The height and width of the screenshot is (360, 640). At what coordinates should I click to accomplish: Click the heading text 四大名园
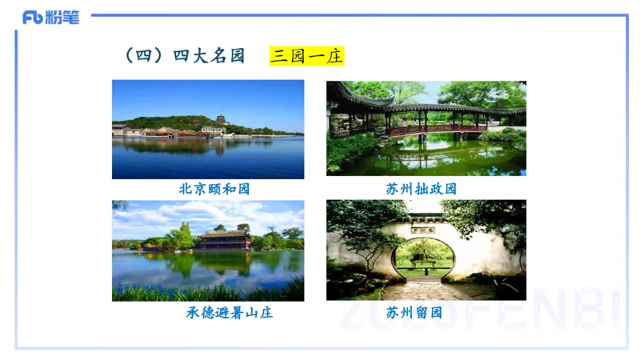(x=209, y=56)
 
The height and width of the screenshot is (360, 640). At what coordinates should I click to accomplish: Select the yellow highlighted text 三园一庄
(x=306, y=56)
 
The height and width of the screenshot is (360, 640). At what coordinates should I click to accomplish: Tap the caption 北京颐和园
(x=209, y=190)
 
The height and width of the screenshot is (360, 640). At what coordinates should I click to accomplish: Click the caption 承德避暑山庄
(x=230, y=312)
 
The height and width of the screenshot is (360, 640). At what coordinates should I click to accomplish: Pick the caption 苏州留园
(x=414, y=312)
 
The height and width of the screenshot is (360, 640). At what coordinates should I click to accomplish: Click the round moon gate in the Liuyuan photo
(x=425, y=254)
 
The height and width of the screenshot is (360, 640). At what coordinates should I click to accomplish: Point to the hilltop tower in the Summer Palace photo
(x=221, y=119)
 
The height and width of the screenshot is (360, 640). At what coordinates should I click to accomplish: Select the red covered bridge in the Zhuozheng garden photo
(x=436, y=128)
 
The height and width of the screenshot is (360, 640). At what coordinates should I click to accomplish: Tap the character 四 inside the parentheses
(x=144, y=56)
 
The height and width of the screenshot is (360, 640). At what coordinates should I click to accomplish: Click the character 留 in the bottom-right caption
(x=414, y=312)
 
